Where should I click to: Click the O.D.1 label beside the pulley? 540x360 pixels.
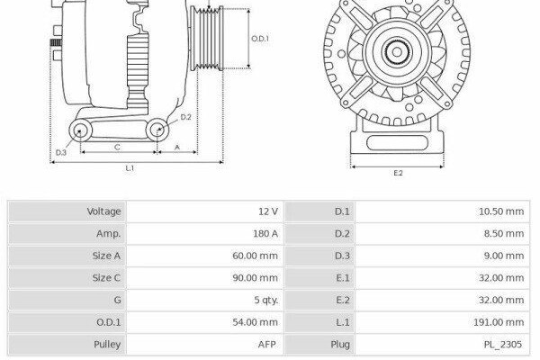[x=260, y=39]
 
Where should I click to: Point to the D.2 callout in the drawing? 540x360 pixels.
[x=186, y=117]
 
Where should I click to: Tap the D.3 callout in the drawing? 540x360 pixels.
[x=61, y=152]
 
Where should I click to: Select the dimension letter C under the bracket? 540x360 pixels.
[x=117, y=147]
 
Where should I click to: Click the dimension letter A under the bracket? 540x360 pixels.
[x=177, y=147]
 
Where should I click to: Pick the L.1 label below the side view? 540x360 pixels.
[x=130, y=168]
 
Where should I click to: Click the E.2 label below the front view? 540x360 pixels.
[x=398, y=173]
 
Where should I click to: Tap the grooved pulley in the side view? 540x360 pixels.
[x=207, y=39]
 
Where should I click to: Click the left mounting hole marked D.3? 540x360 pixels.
[x=80, y=130]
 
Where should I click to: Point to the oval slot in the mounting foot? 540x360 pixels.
[x=397, y=142]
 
